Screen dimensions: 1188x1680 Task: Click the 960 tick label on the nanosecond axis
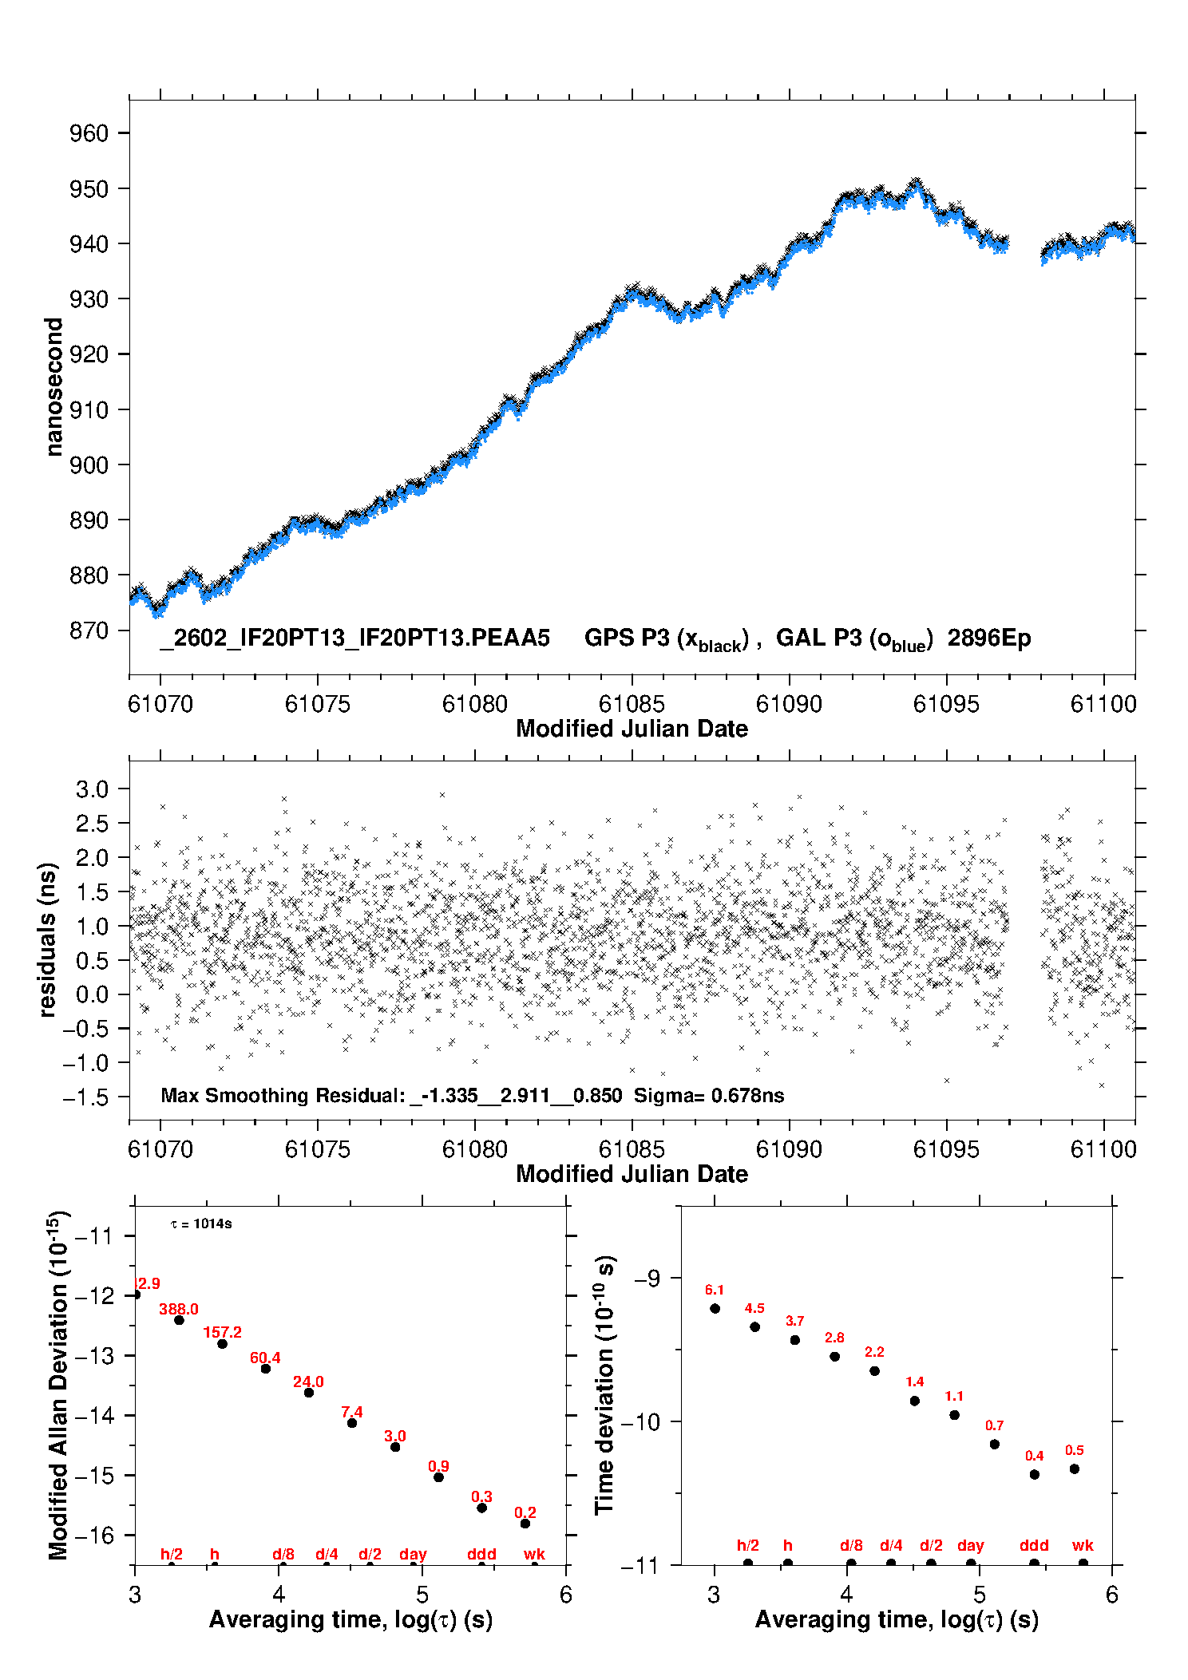89,133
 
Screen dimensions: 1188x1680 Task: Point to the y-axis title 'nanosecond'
53,387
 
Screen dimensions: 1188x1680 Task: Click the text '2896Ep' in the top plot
989,638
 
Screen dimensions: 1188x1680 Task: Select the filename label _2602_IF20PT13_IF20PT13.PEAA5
355,638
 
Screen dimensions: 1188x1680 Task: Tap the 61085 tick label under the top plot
632,704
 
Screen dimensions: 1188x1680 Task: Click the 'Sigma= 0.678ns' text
709,1095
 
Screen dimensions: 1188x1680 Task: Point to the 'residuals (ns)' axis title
48,939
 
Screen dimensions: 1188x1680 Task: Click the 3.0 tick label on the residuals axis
92,789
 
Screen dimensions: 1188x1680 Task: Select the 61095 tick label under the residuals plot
946,1149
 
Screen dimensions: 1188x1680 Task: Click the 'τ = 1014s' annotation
201,1224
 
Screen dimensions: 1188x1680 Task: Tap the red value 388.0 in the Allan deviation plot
179,1309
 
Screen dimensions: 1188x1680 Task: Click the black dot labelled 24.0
309,1393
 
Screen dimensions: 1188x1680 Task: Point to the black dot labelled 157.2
223,1344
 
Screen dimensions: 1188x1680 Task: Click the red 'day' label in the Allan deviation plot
413,1555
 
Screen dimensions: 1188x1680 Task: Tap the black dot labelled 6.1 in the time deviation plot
715,1308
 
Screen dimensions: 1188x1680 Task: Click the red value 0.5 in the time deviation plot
1075,1450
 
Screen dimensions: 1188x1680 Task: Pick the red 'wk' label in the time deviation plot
1083,1545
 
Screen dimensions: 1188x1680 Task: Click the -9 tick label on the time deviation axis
647,1278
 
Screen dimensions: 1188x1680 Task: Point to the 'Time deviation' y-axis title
605,1385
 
